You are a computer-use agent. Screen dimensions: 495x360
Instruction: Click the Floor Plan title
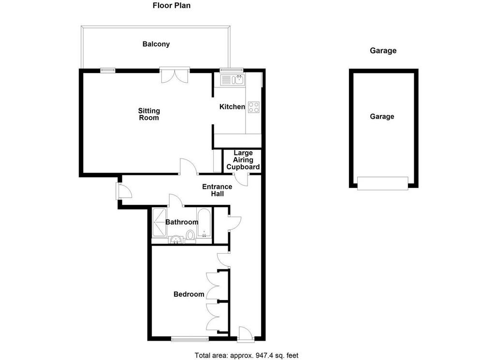tap(172, 5)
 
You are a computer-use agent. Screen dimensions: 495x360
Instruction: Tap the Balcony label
tap(156, 44)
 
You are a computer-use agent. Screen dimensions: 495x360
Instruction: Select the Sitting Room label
tap(149, 114)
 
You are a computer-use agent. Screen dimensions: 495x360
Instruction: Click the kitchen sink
tap(233, 80)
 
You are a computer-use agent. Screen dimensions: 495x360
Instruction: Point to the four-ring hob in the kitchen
tap(253, 107)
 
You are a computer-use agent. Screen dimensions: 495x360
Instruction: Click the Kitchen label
tap(232, 107)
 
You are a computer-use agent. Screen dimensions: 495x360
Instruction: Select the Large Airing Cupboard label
tap(243, 160)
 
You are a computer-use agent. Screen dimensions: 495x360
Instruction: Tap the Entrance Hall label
tap(217, 190)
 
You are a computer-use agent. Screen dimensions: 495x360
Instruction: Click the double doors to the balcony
tap(175, 75)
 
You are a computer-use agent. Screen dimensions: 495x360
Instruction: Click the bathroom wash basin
tap(175, 240)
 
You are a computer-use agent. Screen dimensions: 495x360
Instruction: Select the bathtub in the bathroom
tap(204, 223)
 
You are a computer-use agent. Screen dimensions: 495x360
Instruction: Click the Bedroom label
tap(189, 294)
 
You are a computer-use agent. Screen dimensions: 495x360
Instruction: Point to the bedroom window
tap(189, 339)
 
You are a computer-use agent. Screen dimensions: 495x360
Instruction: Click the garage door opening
tap(383, 183)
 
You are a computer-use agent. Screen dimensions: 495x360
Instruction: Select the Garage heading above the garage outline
tap(383, 50)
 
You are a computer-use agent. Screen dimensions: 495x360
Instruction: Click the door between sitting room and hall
tap(189, 166)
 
